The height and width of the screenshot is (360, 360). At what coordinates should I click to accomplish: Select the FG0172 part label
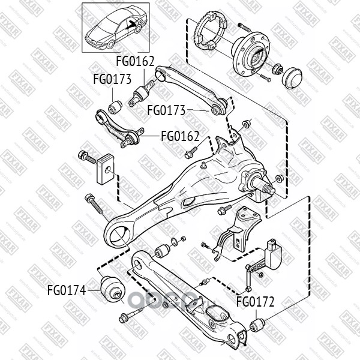[x=255, y=302]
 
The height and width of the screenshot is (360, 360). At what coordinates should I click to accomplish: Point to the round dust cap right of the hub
[x=292, y=77]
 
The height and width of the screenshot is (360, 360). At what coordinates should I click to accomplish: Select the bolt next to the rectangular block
[x=88, y=157]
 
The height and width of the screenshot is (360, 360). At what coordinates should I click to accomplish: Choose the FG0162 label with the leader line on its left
[x=180, y=136]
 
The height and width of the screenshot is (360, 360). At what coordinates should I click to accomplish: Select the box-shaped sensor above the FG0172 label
[x=274, y=254]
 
